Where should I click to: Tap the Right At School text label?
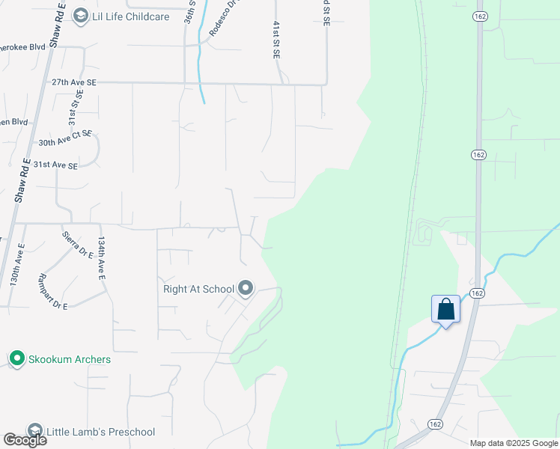coord(198,288)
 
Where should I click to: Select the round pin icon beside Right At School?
coord(246,288)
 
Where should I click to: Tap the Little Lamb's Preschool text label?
coord(101,432)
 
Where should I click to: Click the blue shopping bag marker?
coord(445,310)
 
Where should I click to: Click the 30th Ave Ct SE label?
coord(65,138)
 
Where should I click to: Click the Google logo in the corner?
coord(25,440)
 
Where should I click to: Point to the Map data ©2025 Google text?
coord(514,443)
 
